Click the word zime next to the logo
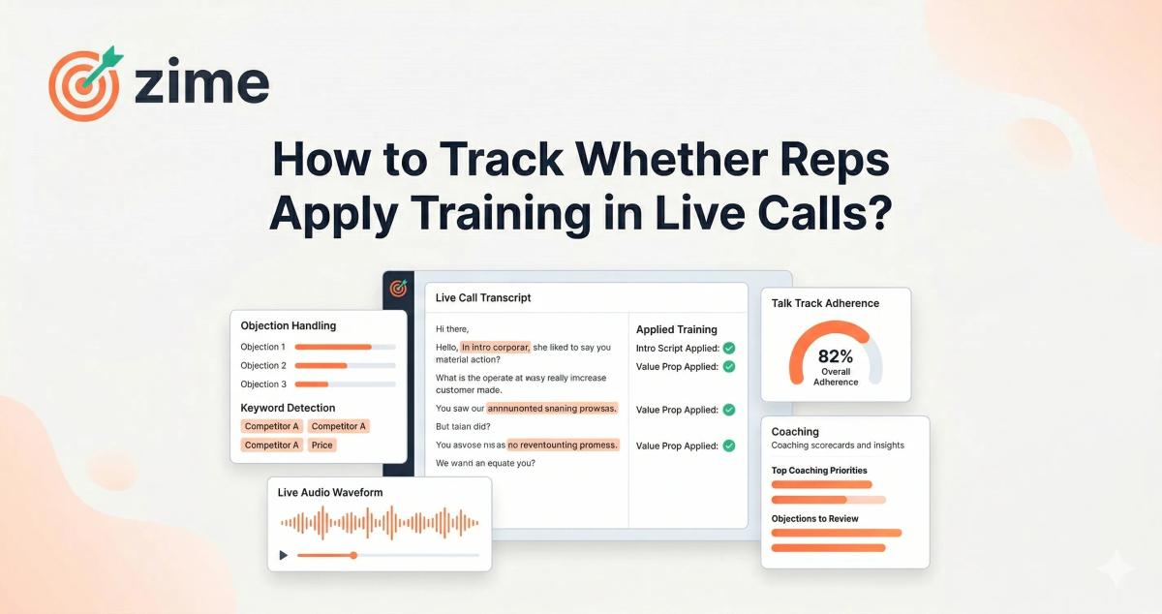click(201, 84)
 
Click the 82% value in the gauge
click(835, 355)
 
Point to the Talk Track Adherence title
click(825, 303)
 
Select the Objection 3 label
click(263, 384)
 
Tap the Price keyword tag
click(321, 445)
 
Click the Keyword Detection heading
click(288, 408)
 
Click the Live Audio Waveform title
click(330, 492)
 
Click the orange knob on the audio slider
click(353, 555)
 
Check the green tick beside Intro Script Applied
click(729, 348)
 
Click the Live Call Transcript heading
click(483, 297)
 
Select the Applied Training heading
click(676, 329)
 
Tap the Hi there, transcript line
click(452, 329)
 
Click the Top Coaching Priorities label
click(819, 471)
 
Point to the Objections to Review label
click(814, 519)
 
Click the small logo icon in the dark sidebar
click(397, 289)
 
